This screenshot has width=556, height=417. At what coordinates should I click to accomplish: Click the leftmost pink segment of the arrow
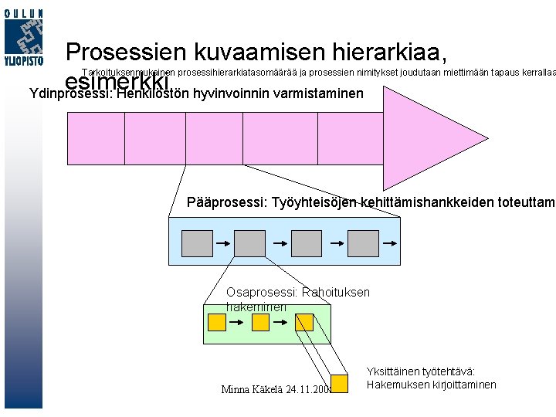(x=97, y=140)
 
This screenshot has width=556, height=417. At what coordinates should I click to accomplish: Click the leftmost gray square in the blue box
(x=196, y=244)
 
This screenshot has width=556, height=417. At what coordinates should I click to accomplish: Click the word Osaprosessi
(x=251, y=293)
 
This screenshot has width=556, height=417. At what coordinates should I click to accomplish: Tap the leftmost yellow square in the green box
(x=217, y=321)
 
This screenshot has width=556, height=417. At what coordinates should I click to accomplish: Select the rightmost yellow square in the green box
(x=304, y=321)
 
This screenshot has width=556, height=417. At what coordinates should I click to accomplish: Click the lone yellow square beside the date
(x=339, y=382)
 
